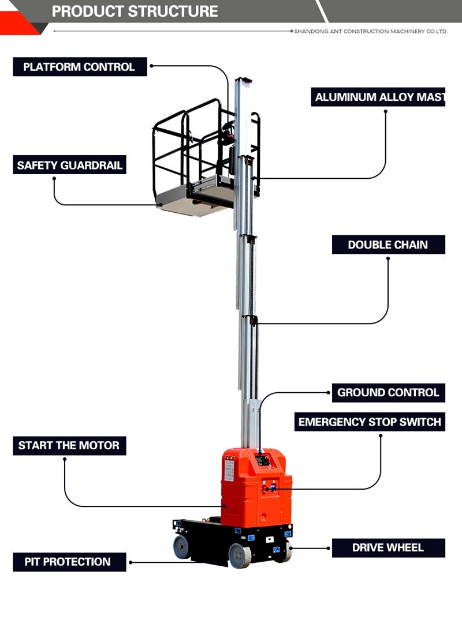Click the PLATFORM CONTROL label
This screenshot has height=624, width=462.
tap(79, 67)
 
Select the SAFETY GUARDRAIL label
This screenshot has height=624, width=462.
tap(69, 166)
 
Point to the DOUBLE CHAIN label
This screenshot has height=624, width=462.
tap(388, 245)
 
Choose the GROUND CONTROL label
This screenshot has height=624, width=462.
tap(388, 393)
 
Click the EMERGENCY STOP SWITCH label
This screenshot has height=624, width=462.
tap(370, 422)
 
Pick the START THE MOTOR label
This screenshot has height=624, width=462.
tap(69, 445)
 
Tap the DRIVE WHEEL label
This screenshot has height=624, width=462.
tap(388, 547)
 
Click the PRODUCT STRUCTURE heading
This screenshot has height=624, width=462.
tap(135, 11)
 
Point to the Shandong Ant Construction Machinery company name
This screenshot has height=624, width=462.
tap(370, 32)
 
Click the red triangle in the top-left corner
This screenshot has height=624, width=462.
tap(16, 23)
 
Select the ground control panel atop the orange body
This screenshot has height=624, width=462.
tap(262, 460)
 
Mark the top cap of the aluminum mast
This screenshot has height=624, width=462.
tap(243, 80)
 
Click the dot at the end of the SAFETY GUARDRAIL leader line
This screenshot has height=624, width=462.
tap(54, 178)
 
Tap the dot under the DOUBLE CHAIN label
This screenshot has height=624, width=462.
tap(388, 258)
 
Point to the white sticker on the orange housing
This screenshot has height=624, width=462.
tap(229, 469)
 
